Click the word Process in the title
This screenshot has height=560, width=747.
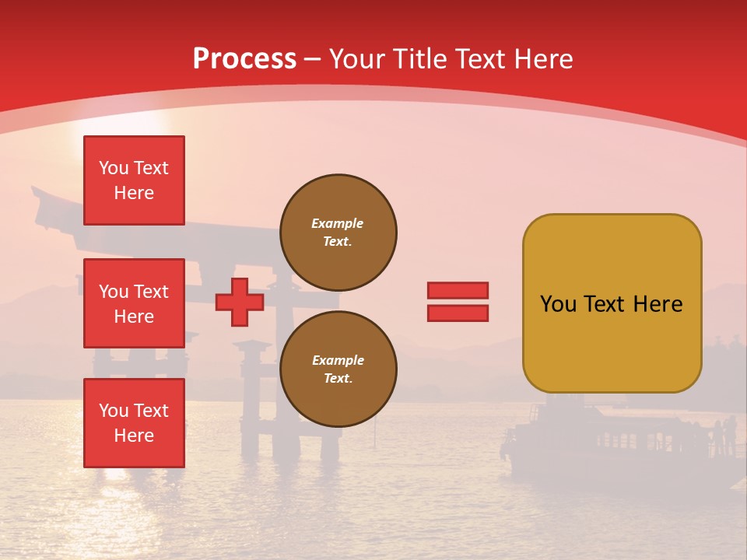point(244,59)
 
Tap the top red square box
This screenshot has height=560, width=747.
point(134,180)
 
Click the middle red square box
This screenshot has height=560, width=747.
point(134,303)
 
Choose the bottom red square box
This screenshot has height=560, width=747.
point(134,423)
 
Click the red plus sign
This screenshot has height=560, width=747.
point(240,303)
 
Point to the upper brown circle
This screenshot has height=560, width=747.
point(338,233)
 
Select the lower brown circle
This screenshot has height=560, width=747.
point(338,369)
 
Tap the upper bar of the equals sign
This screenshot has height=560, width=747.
point(458,291)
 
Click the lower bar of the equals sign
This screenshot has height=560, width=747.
point(458,313)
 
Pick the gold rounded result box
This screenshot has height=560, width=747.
point(612,303)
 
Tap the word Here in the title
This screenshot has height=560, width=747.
point(542,59)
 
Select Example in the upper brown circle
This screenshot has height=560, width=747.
point(338,224)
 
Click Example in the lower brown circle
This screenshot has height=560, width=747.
point(338,361)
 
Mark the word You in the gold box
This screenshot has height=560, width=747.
point(558,304)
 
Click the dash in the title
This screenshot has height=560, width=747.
point(313,59)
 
